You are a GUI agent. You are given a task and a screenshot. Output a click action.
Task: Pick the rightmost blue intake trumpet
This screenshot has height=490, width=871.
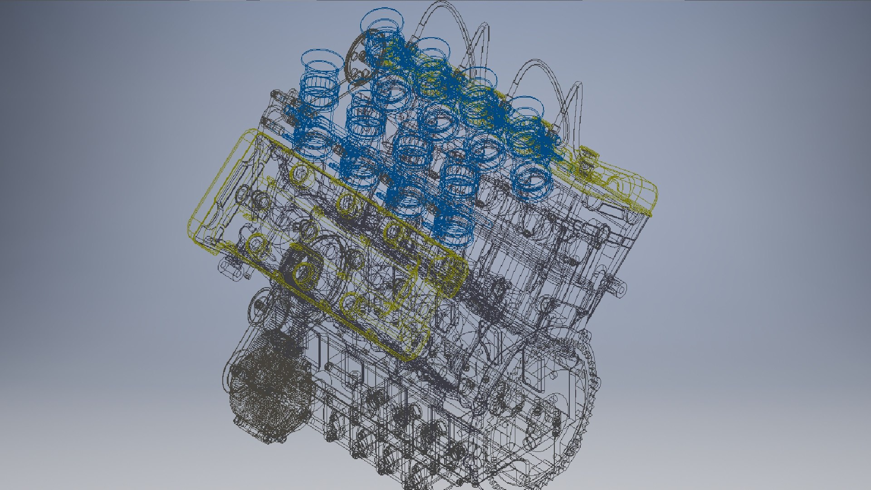(526, 109)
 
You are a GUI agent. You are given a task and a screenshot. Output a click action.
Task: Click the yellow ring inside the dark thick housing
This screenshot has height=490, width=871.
(304, 272)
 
